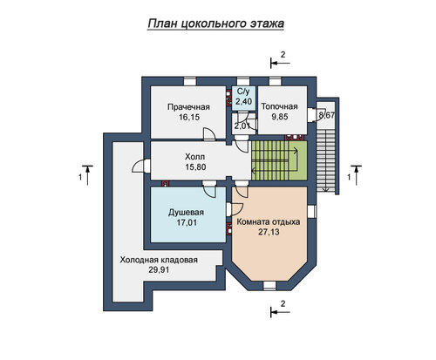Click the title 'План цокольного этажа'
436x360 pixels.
click(215, 24)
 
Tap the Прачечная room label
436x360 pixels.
click(188, 107)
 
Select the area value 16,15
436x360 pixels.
click(188, 117)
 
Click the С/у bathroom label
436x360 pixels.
click(243, 92)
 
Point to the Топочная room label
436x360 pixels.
click(279, 106)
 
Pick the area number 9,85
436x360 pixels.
click(280, 117)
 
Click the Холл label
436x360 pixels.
click(195, 157)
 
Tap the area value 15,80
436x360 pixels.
click(195, 167)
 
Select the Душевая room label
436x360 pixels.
click(186, 213)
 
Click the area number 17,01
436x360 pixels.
click(187, 222)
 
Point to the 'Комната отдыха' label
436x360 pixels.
click(269, 222)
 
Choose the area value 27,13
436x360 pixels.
click(269, 232)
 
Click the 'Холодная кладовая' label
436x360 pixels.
click(159, 260)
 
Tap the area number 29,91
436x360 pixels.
click(159, 270)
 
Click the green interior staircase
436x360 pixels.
click(279, 160)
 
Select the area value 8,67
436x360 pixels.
click(327, 115)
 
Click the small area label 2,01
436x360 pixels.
click(242, 126)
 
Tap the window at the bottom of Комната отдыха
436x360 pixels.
click(269, 286)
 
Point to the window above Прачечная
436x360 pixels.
click(190, 81)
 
